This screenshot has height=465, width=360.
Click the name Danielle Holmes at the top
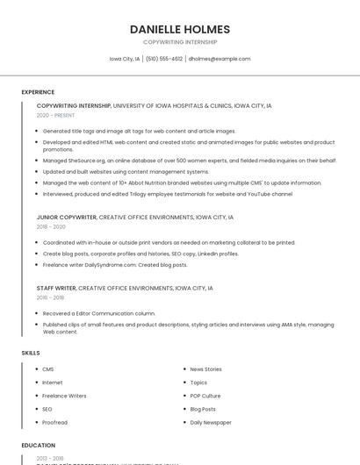179,28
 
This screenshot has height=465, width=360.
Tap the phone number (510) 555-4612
164,59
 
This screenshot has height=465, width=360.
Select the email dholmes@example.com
220,59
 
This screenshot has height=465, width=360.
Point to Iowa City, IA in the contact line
125,59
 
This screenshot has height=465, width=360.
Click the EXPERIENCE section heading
38,91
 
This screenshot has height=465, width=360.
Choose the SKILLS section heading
31,353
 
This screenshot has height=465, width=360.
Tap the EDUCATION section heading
39,446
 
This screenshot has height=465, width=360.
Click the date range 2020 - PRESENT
55,115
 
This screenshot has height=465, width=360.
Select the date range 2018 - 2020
51,226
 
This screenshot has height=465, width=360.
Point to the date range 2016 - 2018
51,297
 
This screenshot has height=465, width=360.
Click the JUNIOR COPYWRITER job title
67,217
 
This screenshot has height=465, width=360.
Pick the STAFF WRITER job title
56,288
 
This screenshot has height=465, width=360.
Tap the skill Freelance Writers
64,396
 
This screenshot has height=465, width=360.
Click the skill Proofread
55,422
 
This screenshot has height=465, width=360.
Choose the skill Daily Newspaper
211,422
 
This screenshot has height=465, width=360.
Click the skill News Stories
205,369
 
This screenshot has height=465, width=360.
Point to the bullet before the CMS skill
36,369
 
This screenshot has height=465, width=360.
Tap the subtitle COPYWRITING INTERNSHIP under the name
179,41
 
